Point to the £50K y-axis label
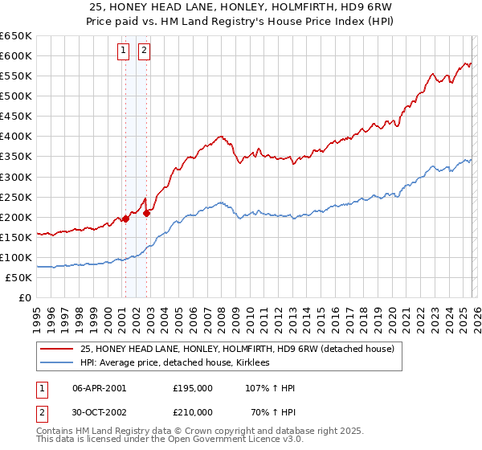click(18, 277)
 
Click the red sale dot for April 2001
click(126, 219)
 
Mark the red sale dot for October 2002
click(148, 213)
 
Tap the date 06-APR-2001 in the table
click(100, 388)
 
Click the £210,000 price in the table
click(193, 412)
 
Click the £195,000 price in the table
click(193, 388)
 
